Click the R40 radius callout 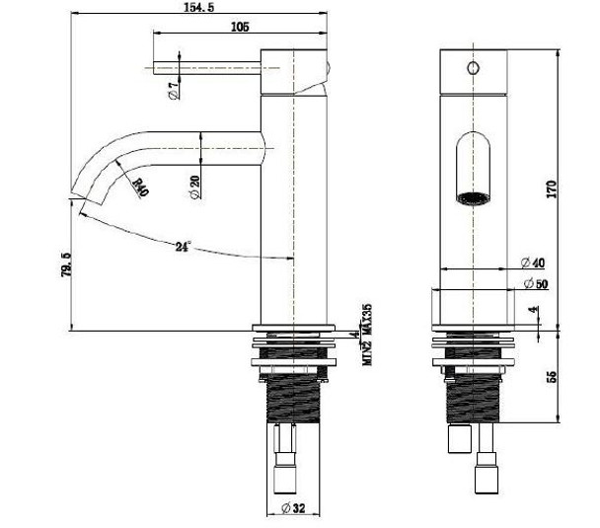[x=137, y=187]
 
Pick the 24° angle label [x=183, y=247]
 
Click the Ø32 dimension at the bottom [x=293, y=508]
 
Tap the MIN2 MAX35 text [x=364, y=334]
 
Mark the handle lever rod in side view [x=207, y=68]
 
